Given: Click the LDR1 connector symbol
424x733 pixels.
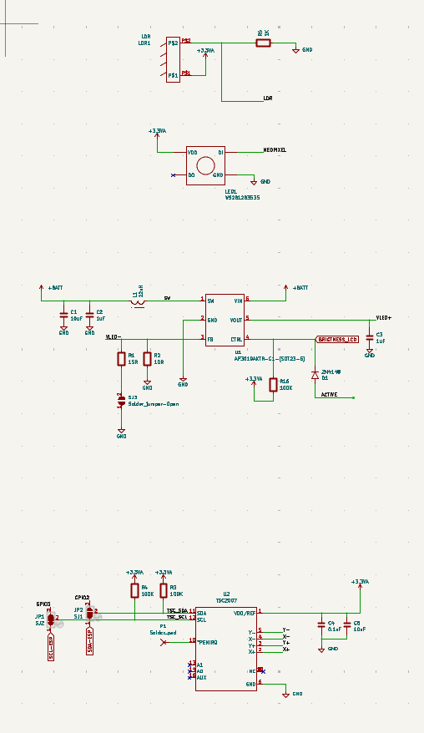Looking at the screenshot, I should [173, 59].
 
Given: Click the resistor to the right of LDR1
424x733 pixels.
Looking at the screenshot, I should [263, 43].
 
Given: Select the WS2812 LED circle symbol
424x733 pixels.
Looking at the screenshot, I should [205, 164].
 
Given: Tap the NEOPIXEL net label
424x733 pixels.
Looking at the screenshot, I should [275, 150].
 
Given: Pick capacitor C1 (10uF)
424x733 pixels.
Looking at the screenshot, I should [63, 316].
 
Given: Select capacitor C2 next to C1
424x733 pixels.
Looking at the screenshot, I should [89, 316].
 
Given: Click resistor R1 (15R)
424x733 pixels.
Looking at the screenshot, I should [121, 359].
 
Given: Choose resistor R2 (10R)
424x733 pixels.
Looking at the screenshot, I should [147, 359].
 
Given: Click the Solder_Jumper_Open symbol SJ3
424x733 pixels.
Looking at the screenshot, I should [121, 400].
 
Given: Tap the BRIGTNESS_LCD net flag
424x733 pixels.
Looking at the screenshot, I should [337, 340].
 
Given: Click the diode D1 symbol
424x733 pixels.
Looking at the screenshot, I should [315, 376].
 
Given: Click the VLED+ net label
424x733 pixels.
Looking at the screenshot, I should [383, 318].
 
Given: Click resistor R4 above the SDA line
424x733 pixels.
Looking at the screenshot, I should [134, 591].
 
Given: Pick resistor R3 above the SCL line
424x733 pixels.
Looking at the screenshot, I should [163, 591].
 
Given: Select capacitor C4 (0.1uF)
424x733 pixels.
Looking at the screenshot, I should [321, 624].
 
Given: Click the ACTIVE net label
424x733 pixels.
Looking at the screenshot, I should [330, 395].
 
